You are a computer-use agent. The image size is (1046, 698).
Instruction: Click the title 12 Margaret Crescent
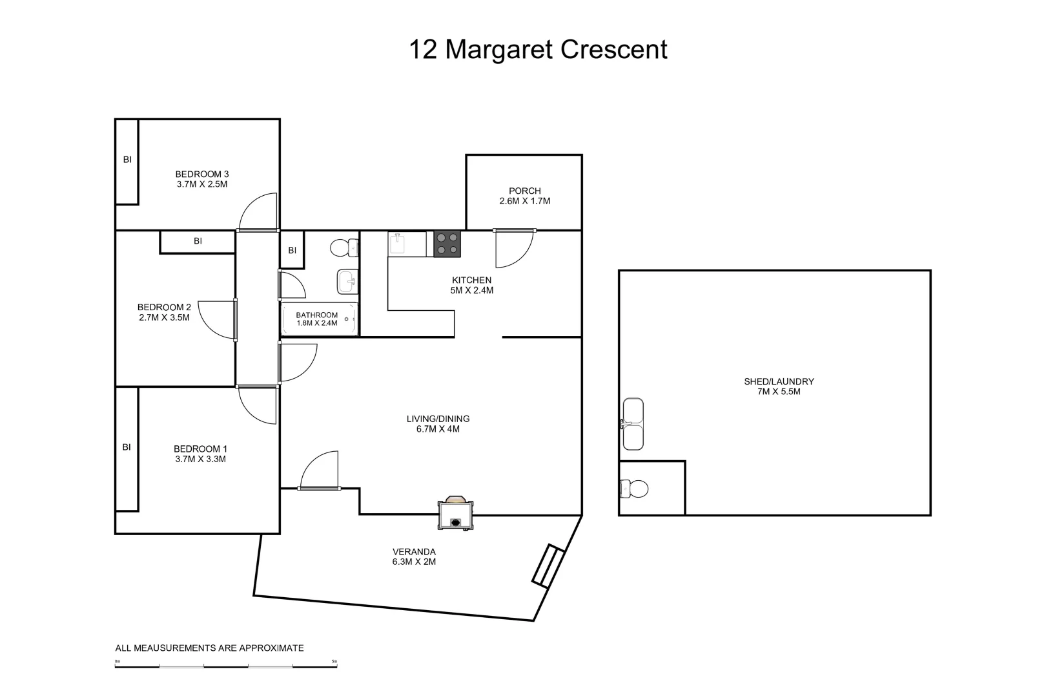538,50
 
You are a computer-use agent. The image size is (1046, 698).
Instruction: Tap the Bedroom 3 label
202,174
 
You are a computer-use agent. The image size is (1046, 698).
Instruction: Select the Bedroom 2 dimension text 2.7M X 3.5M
164,317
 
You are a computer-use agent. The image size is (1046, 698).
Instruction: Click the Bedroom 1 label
200,449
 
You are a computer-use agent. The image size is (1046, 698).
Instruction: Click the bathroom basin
346,281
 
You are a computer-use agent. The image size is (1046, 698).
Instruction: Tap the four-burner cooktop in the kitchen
447,244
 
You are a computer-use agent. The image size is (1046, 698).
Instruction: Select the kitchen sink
397,244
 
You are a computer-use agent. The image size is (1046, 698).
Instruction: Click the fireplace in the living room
456,514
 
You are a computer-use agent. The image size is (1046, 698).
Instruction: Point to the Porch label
524,191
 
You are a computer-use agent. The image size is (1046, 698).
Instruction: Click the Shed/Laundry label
779,381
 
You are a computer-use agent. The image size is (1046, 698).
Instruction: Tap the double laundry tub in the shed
633,424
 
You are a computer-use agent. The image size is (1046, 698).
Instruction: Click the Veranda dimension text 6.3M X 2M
414,562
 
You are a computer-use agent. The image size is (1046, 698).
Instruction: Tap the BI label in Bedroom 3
127,159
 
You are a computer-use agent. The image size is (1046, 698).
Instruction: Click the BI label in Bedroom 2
198,241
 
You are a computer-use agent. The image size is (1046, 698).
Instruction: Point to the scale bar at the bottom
226,666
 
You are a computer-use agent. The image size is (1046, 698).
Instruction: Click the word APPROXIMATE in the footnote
271,648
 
